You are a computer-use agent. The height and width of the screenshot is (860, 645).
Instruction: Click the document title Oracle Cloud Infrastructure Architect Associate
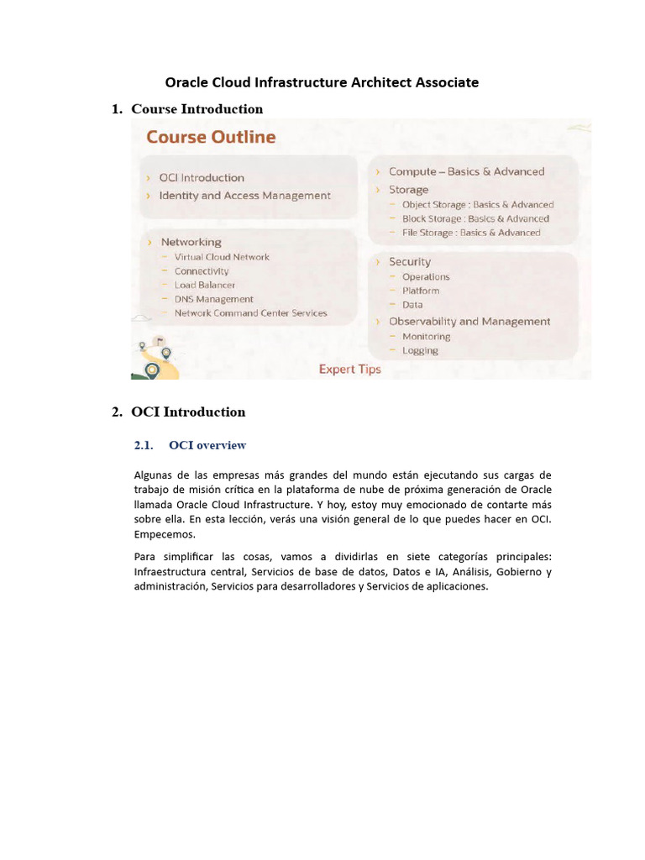click(x=322, y=82)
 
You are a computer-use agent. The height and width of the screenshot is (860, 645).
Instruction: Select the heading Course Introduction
click(x=197, y=109)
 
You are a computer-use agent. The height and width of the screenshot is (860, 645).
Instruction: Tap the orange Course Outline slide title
click(x=211, y=137)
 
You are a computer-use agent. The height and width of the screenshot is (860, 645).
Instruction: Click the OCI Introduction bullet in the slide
click(x=202, y=178)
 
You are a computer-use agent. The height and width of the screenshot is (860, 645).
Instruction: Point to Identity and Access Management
click(x=244, y=196)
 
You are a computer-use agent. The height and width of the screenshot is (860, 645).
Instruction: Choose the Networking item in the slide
click(x=191, y=242)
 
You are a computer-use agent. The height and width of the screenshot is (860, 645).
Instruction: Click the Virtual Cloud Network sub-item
click(x=222, y=257)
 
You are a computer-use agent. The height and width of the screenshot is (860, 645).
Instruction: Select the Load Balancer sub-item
click(x=205, y=285)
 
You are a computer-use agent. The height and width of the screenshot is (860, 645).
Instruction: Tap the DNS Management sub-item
click(x=213, y=299)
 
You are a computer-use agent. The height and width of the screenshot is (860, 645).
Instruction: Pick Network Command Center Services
click(x=250, y=313)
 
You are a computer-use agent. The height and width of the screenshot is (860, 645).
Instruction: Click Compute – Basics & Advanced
click(x=466, y=171)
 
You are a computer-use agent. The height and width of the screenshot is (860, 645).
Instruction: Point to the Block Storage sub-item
click(x=475, y=218)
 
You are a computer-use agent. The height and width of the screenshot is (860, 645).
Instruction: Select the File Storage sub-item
click(x=471, y=233)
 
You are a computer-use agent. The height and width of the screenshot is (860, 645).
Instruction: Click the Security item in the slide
click(x=409, y=262)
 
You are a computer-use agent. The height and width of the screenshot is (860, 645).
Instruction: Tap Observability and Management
click(x=469, y=322)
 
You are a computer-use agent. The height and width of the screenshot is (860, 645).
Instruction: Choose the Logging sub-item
click(x=420, y=350)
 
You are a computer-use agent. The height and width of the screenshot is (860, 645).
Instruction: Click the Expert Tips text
click(x=349, y=370)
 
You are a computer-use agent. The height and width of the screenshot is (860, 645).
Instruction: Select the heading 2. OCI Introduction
click(x=188, y=412)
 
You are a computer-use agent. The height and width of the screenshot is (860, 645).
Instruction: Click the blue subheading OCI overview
click(x=207, y=445)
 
